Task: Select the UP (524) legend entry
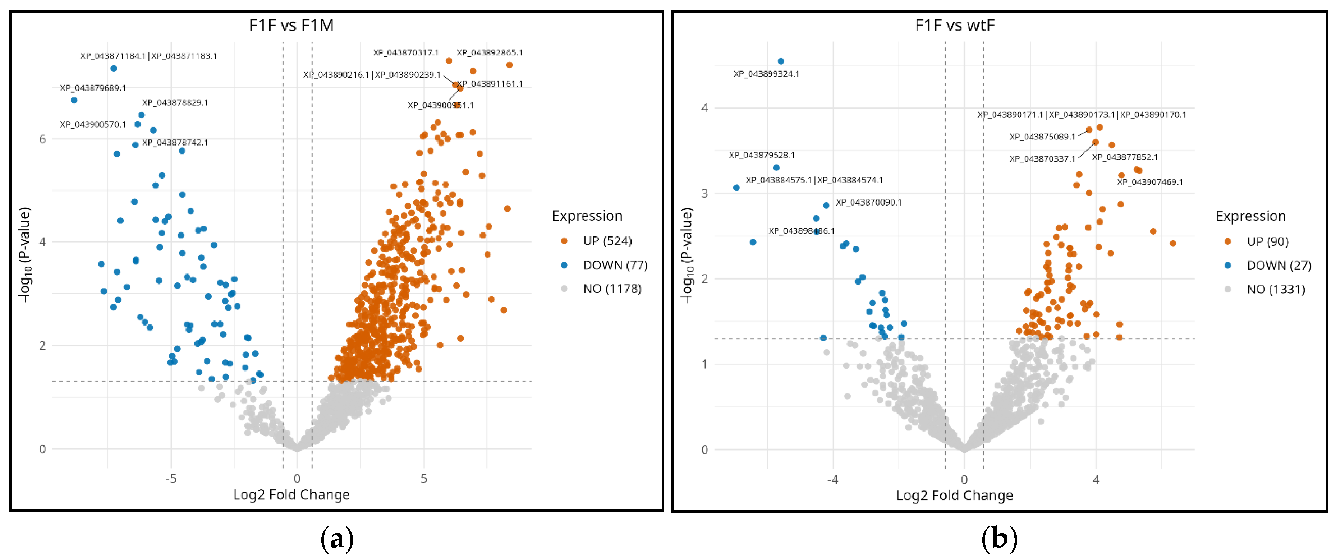click(x=607, y=241)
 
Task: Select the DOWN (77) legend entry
click(x=615, y=265)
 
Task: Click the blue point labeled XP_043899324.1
click(x=781, y=61)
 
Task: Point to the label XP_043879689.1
click(x=93, y=88)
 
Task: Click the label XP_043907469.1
click(x=1150, y=182)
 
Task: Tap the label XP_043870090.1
click(x=869, y=202)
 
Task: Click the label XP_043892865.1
click(x=490, y=52)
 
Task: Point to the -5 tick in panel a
click(x=171, y=479)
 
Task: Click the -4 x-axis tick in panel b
click(x=832, y=480)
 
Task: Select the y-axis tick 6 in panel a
click(x=42, y=139)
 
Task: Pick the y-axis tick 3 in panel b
click(x=704, y=193)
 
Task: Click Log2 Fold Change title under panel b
click(x=954, y=495)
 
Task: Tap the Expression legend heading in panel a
click(x=587, y=216)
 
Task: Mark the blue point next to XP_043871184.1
click(x=114, y=69)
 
